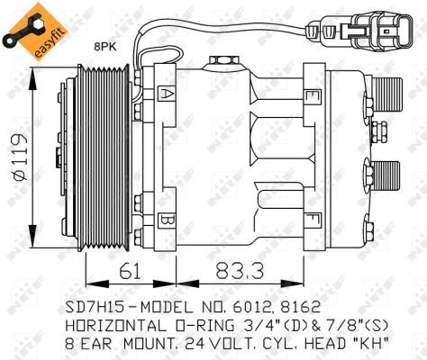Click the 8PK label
pyautogui.click(x=104, y=48)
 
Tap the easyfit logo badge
pyautogui.click(x=35, y=31)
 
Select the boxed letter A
pyautogui.click(x=166, y=94)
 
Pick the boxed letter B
pyautogui.click(x=166, y=221)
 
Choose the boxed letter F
pyautogui.click(x=313, y=220)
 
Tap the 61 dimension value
pyautogui.click(x=131, y=271)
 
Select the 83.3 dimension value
pyautogui.click(x=240, y=270)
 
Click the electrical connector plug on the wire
pyautogui.click(x=359, y=31)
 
